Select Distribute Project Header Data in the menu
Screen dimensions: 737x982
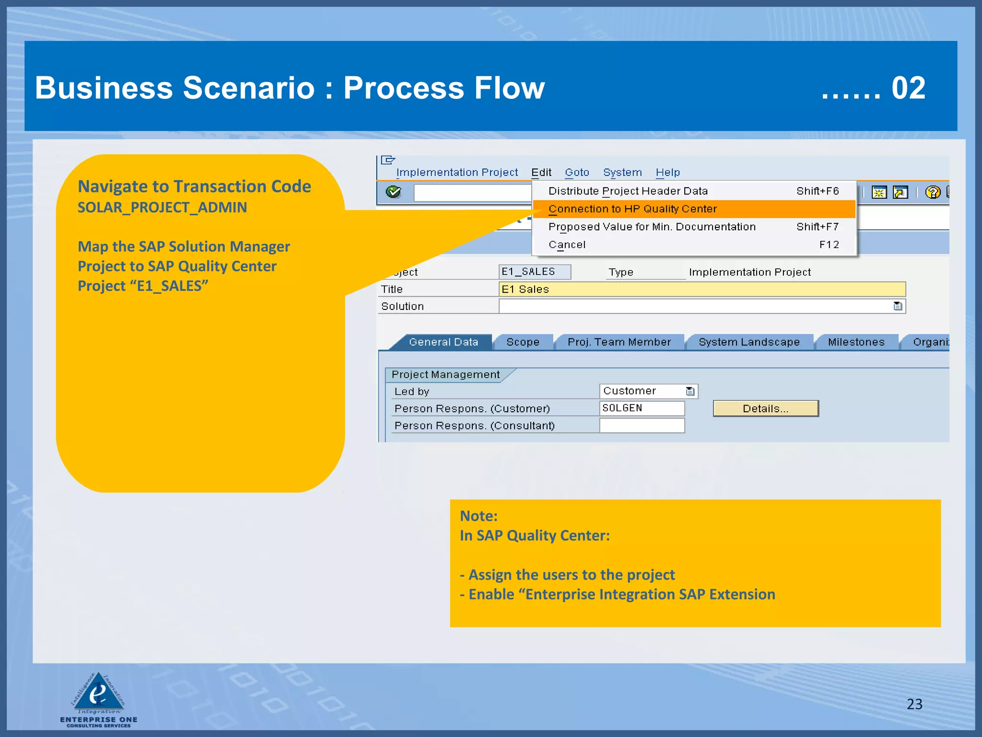click(x=628, y=191)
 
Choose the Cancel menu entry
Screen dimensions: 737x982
click(x=567, y=245)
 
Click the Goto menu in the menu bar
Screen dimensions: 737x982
click(x=576, y=173)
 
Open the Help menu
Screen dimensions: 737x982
click(x=667, y=173)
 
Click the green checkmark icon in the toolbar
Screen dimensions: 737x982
click(x=393, y=192)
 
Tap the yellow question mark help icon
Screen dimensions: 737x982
click(x=933, y=193)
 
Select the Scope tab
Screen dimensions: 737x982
click(x=523, y=343)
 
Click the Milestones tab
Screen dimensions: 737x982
click(x=856, y=343)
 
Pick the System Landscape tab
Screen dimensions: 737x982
click(x=749, y=343)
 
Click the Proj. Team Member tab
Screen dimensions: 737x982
click(x=619, y=343)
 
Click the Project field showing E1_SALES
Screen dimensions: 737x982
click(x=534, y=272)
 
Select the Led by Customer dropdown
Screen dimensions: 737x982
click(x=648, y=392)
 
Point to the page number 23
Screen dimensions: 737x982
click(x=914, y=704)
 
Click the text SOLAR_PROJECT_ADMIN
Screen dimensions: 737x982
click(x=162, y=208)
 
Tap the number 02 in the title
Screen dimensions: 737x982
click(x=908, y=89)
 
